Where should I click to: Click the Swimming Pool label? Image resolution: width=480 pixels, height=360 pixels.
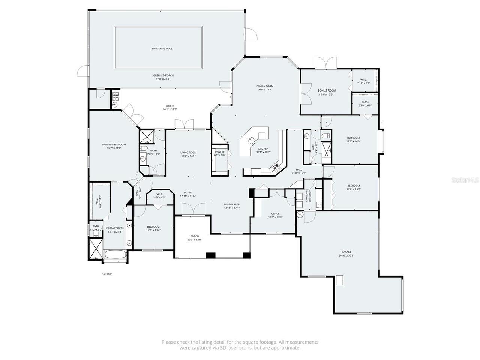pos(162,49)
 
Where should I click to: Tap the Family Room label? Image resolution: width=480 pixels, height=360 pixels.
pos(265,86)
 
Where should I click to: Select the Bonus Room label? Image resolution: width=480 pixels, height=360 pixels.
pos(327,90)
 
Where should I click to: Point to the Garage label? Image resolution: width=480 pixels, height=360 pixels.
pos(346,252)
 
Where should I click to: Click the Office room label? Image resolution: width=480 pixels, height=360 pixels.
pos(276,214)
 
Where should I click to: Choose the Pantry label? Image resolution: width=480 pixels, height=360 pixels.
pos(220,152)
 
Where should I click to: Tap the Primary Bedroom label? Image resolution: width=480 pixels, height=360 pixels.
pos(114,145)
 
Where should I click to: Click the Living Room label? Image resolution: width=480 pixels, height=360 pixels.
pos(188,153)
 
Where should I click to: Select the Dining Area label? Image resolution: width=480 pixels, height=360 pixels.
pos(232,204)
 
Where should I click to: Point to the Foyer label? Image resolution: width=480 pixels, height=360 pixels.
pos(188,192)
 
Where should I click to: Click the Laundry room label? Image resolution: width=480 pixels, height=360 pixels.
pos(307,195)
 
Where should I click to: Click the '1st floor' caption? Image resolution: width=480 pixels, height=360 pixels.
pos(107,274)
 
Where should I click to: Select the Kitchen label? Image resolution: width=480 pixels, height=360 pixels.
pos(263,149)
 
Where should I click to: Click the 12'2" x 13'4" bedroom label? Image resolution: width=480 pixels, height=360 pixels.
pos(153,227)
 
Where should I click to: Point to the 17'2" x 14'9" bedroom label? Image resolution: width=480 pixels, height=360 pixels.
pos(353,138)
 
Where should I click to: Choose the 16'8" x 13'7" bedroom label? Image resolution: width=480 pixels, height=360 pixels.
pos(353,186)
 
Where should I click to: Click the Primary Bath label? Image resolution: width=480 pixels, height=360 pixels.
pos(115,228)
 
